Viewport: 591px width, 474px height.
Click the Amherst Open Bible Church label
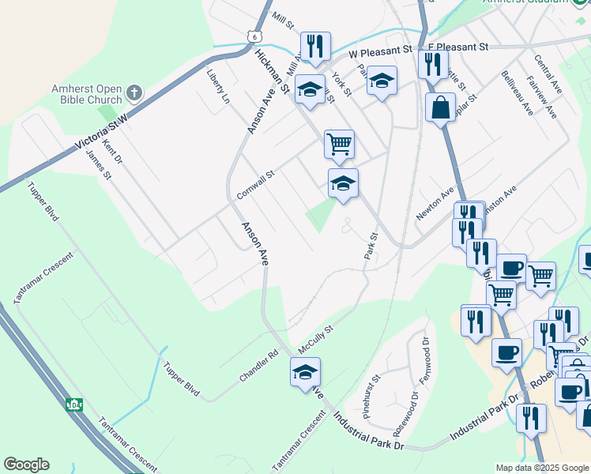[87, 93]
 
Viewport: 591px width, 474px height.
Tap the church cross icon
[134, 93]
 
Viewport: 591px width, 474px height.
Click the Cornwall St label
[254, 185]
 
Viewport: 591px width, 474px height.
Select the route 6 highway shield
[253, 36]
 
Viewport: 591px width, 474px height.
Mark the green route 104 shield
[74, 405]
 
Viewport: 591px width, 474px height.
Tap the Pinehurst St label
[371, 396]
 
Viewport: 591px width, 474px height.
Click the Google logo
[26, 465]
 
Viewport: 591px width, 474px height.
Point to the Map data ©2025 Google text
[542, 468]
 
